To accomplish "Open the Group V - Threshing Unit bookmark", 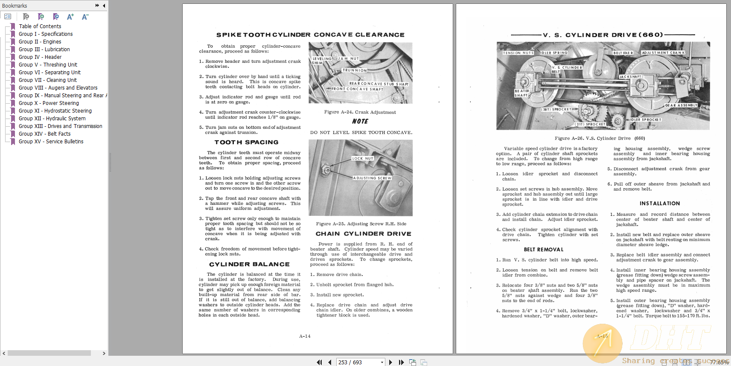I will [48, 65].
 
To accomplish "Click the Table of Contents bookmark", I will [40, 26].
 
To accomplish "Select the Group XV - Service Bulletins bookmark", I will [51, 142].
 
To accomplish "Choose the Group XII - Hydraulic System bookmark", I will [52, 119].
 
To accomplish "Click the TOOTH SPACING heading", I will [246, 142].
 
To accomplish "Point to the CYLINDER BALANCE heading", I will [249, 264].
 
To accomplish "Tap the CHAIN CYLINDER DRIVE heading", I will [363, 234].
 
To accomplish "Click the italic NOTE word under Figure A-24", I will [360, 122].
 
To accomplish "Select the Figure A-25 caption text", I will [361, 224].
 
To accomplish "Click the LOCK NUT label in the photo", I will [362, 158].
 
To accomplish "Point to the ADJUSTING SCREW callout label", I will [372, 178].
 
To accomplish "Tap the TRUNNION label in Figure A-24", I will [354, 70].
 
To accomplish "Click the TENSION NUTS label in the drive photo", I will [518, 53].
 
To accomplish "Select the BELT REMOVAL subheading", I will [543, 250].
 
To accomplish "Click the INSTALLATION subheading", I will [659, 203].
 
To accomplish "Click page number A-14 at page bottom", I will [305, 336].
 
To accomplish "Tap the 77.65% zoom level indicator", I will [719, 362].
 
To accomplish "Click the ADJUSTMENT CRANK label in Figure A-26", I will [663, 53].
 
